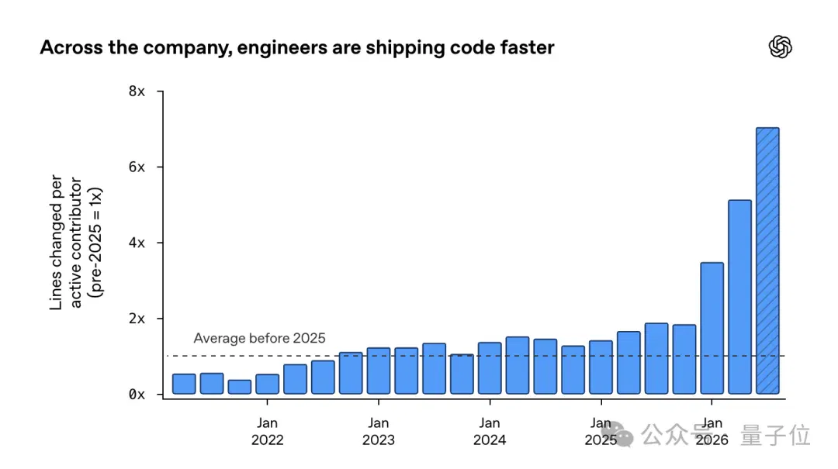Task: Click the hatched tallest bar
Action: point(767,260)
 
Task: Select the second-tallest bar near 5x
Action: point(739,297)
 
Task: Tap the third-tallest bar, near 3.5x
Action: point(712,328)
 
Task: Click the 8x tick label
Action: point(137,91)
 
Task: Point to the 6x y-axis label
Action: point(137,167)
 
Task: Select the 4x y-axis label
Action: point(137,243)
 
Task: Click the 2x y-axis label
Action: point(137,319)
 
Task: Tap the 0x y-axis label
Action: point(137,395)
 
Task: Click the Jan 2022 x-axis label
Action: point(267,432)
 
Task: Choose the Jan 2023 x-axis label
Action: point(379,432)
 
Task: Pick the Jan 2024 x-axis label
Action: point(490,432)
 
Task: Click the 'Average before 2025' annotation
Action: point(259,338)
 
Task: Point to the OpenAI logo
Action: point(781,47)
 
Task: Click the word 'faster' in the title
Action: point(528,47)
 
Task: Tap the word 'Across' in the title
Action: point(71,47)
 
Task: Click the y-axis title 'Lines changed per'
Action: point(56,242)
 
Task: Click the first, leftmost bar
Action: point(184,384)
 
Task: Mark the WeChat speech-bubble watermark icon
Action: point(618,434)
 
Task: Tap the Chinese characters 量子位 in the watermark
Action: point(775,435)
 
